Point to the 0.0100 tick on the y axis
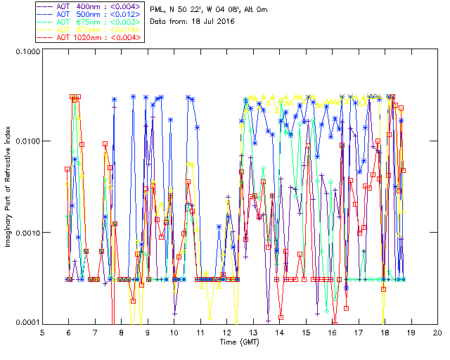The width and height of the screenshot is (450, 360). click(x=26, y=142)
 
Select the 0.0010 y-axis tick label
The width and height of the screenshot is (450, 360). click(x=26, y=233)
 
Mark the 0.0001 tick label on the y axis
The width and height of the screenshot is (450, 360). click(x=26, y=323)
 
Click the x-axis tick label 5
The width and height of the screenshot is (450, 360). click(x=42, y=333)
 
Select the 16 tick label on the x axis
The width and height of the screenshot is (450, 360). click(x=332, y=333)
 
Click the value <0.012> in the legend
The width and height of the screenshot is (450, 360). click(x=128, y=13)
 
